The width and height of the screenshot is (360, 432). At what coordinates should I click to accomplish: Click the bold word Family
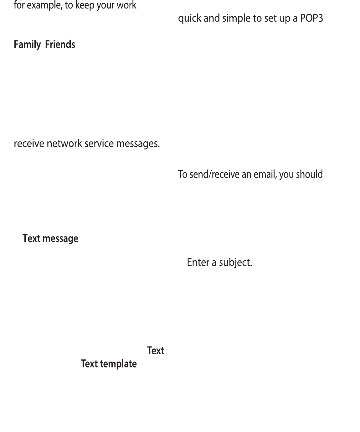pyautogui.click(x=27, y=45)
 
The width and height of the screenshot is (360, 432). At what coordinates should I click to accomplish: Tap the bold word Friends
pyautogui.click(x=60, y=44)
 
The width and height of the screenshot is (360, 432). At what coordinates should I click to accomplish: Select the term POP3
pyautogui.click(x=311, y=18)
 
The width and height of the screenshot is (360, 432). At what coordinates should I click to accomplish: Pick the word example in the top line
pyautogui.click(x=43, y=6)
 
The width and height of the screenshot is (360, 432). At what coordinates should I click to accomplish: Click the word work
pyautogui.click(x=126, y=5)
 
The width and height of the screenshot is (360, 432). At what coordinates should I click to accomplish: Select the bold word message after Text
pyautogui.click(x=60, y=239)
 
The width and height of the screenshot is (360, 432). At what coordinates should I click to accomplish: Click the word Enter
pyautogui.click(x=198, y=262)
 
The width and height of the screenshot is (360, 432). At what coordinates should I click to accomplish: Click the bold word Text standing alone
pyautogui.click(x=156, y=351)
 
